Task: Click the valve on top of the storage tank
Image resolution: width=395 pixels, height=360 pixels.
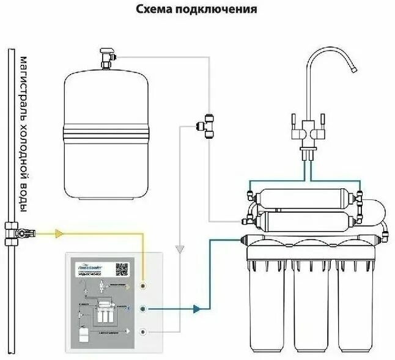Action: [108, 59]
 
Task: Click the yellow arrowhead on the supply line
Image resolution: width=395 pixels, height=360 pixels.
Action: [59, 233]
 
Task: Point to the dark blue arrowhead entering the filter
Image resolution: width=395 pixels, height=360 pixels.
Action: [196, 309]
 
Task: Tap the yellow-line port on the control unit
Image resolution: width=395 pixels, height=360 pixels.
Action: [142, 285]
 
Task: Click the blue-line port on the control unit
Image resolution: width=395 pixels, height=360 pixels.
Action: [142, 309]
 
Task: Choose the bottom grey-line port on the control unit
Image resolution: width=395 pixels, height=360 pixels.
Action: [142, 332]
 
